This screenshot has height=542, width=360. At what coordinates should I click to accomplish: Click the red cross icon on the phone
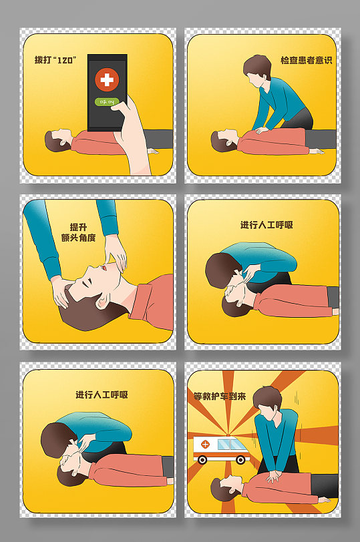pyautogui.click(x=107, y=79)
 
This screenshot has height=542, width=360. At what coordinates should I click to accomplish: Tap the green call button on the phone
pyautogui.click(x=107, y=102)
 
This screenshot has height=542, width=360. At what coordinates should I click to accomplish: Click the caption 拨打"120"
pyautogui.click(x=55, y=60)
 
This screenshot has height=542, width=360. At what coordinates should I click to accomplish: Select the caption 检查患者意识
pyautogui.click(x=307, y=60)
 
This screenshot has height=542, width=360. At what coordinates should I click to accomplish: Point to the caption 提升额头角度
pyautogui.click(x=78, y=232)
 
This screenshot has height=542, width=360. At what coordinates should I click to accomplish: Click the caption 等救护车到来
pyautogui.click(x=220, y=396)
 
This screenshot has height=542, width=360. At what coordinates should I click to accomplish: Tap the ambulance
pyautogui.click(x=221, y=449)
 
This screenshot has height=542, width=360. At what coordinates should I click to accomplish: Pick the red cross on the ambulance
pyautogui.click(x=205, y=444)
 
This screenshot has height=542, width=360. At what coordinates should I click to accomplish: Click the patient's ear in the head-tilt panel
pyautogui.click(x=102, y=302)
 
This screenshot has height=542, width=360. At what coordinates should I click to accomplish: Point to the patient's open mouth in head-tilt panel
pyautogui.click(x=103, y=268)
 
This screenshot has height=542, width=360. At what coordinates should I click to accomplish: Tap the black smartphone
pyautogui.click(x=107, y=93)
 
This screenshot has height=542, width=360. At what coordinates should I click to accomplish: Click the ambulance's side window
pyautogui.click(x=228, y=444)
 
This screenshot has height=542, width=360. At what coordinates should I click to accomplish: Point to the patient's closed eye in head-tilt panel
pyautogui.click(x=85, y=282)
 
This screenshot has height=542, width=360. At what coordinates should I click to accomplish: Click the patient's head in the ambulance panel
pyautogui.click(x=226, y=488)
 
